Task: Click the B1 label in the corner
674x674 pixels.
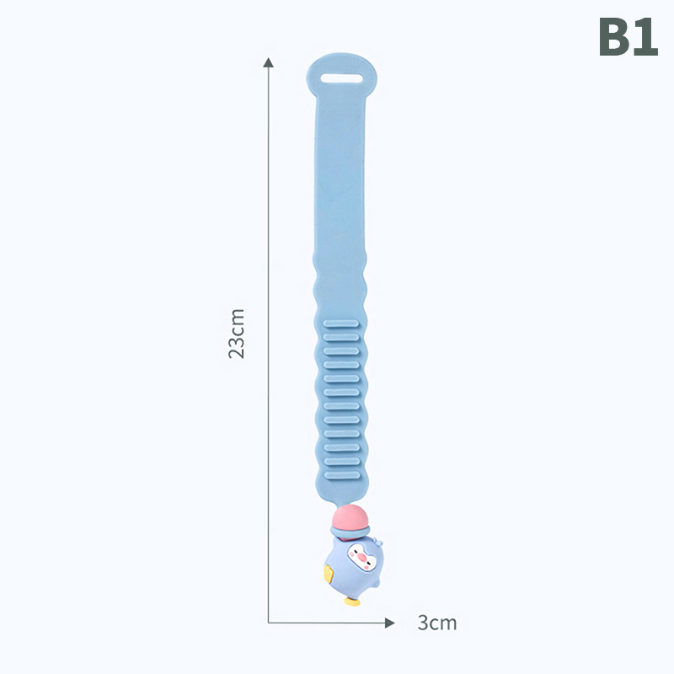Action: click(628, 37)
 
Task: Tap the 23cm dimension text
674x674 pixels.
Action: click(237, 334)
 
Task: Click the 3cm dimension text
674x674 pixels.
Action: click(437, 623)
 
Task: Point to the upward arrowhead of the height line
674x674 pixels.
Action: click(269, 62)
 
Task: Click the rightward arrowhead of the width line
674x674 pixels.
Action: click(390, 623)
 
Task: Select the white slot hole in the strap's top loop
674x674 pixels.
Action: click(342, 78)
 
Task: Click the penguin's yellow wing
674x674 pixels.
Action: click(329, 575)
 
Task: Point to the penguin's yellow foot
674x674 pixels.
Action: click(352, 602)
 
